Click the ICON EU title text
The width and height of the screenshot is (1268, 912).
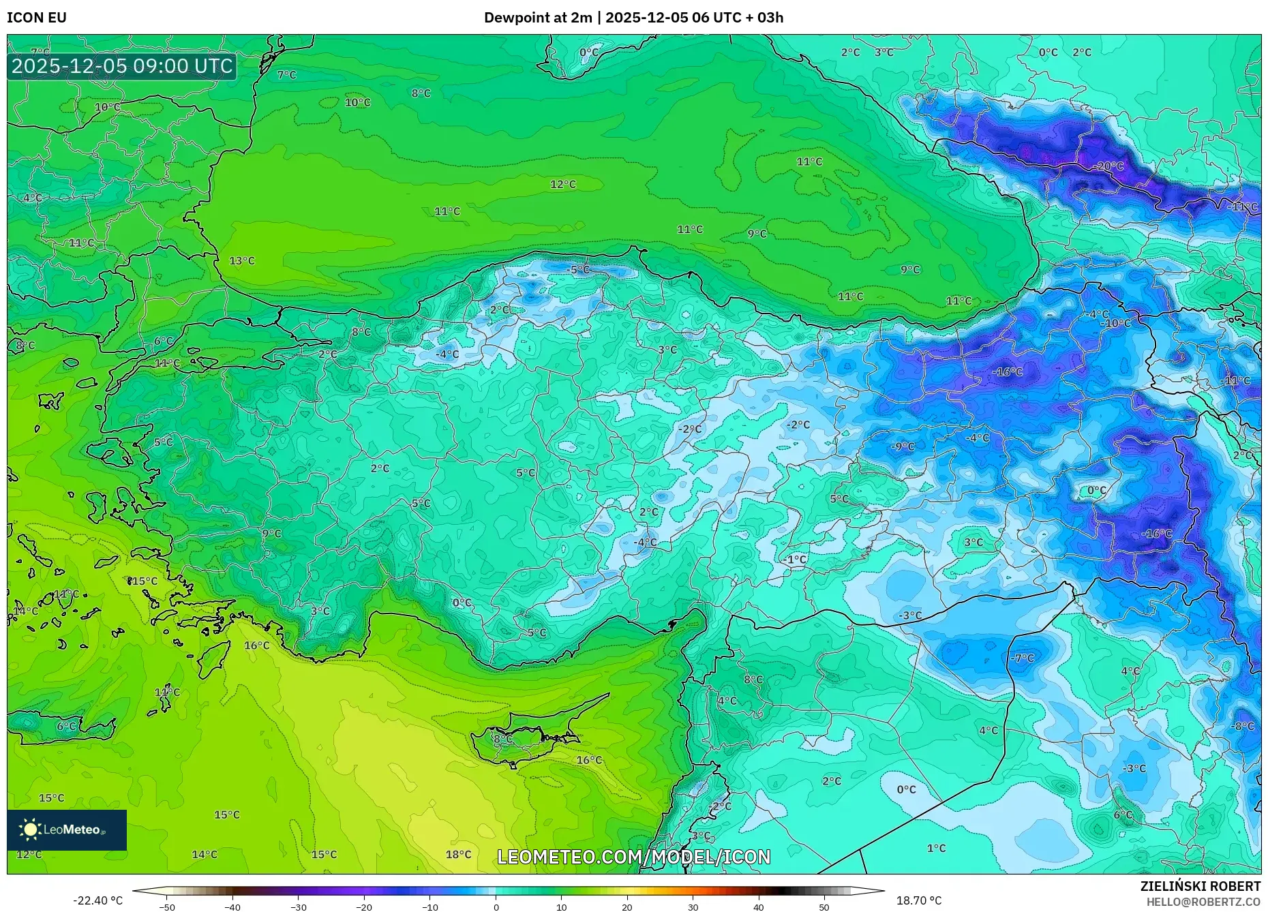click(37, 18)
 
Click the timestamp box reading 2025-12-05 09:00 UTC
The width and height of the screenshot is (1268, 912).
click(122, 66)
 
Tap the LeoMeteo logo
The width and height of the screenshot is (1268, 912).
click(66, 830)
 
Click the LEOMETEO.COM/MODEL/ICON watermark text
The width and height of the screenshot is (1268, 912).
click(634, 857)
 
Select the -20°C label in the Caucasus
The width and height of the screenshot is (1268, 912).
click(1108, 166)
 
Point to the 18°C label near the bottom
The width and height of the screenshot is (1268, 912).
click(458, 854)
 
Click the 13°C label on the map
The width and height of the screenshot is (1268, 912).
click(241, 260)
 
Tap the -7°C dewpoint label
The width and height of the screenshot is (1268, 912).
click(1023, 658)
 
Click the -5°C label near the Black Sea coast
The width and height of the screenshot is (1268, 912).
click(578, 270)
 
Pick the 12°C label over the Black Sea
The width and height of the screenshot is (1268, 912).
click(562, 184)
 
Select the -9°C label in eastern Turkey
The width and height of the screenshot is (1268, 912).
click(903, 446)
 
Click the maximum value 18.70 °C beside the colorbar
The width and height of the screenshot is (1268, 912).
click(918, 900)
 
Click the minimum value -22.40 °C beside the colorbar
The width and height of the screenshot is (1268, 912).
click(98, 900)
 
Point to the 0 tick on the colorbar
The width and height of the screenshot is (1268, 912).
click(496, 907)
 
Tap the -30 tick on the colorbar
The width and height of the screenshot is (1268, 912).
click(298, 907)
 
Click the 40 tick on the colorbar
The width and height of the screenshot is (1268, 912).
click(758, 907)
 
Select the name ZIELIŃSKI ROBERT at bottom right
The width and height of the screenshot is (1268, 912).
click(1200, 886)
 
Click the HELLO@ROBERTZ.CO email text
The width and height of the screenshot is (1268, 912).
click(1203, 902)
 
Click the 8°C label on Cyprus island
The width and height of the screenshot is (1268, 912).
click(502, 739)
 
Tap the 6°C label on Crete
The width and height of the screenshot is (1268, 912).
click(66, 726)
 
